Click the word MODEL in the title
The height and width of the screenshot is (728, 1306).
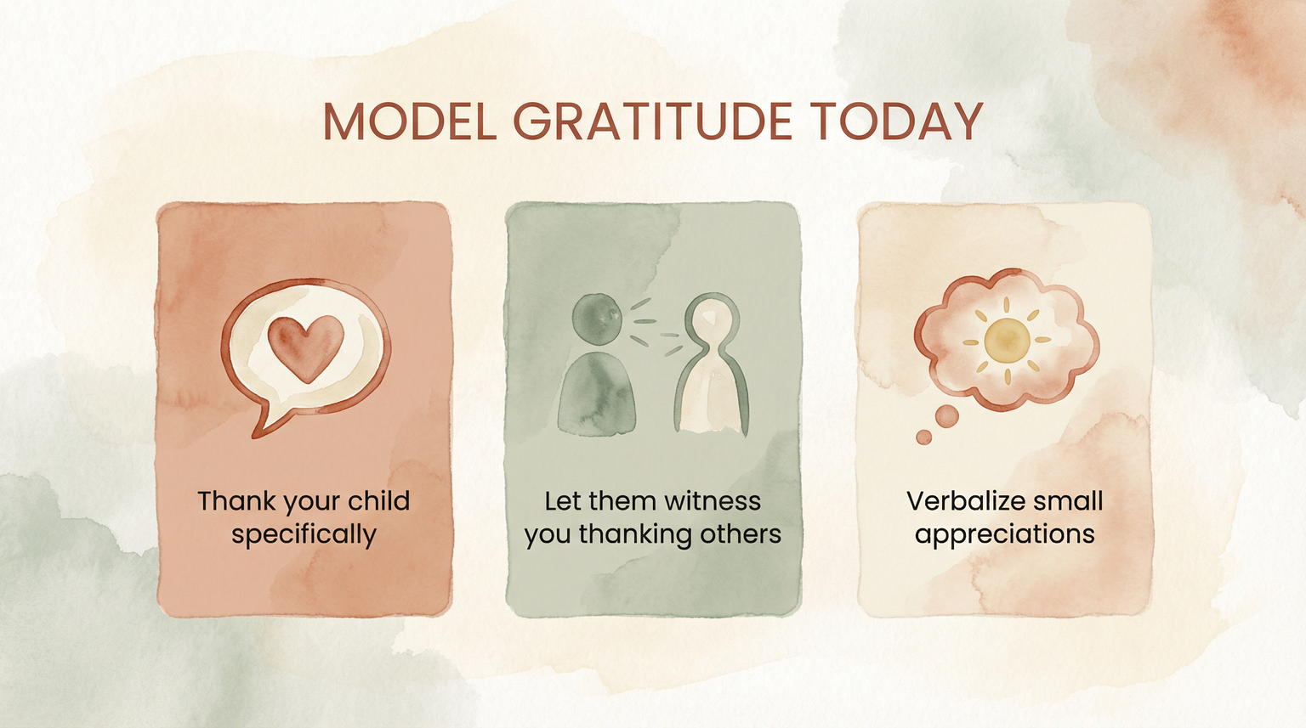click(409, 121)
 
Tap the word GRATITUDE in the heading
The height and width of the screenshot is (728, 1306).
click(652, 121)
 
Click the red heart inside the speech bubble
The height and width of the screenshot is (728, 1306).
click(305, 347)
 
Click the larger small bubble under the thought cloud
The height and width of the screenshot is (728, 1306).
click(946, 416)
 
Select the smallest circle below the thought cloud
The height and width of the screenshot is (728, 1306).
click(924, 437)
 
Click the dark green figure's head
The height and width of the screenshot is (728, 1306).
click(597, 317)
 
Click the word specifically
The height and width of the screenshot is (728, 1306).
click(304, 535)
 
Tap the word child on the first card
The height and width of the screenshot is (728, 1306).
click(378, 500)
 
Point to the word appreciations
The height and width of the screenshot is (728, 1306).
click(1005, 535)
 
